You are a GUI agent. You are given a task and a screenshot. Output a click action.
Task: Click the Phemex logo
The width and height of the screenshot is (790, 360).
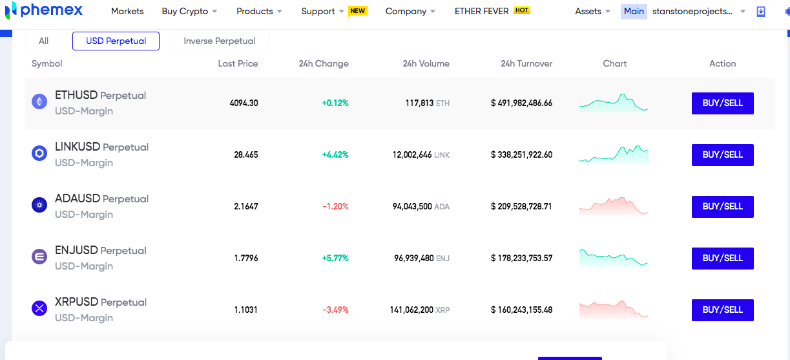click(44, 10)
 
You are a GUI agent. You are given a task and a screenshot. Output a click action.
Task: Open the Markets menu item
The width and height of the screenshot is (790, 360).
click(127, 11)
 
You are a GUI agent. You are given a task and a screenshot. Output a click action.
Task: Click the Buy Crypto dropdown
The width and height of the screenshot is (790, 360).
click(189, 11)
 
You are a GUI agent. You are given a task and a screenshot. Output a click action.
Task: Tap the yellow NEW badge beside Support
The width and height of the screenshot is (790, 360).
click(358, 11)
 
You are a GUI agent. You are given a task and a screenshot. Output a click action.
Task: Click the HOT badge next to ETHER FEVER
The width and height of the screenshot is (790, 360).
click(522, 10)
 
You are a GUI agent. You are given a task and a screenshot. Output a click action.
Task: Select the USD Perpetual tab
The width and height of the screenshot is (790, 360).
click(116, 41)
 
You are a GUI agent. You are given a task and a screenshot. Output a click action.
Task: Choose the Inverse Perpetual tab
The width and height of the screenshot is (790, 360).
click(219, 41)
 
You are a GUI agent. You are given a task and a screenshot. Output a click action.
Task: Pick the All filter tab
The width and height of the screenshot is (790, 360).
click(43, 41)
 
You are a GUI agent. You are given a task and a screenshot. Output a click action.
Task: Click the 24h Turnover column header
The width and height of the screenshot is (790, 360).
click(526, 63)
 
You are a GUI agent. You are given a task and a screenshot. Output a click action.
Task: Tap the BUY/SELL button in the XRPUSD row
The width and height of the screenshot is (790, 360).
click(723, 310)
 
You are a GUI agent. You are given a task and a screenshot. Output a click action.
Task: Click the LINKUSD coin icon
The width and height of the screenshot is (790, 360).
click(39, 154)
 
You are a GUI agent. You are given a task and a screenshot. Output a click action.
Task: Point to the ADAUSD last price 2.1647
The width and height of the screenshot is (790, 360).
click(246, 206)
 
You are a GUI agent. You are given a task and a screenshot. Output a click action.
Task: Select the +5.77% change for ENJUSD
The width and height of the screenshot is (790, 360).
click(335, 258)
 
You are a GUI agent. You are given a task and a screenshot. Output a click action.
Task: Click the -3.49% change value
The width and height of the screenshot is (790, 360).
click(335, 310)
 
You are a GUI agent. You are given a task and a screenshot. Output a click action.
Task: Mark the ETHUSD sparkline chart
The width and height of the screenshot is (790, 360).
click(614, 103)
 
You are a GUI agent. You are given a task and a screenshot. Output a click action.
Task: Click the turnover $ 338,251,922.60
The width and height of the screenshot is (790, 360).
click(522, 154)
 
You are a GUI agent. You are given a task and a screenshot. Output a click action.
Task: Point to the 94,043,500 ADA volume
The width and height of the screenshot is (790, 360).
click(421, 206)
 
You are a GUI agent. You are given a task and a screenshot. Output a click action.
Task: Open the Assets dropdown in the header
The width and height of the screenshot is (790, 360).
click(592, 11)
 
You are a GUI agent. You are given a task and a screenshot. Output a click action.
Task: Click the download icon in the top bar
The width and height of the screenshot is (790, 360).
click(761, 12)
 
